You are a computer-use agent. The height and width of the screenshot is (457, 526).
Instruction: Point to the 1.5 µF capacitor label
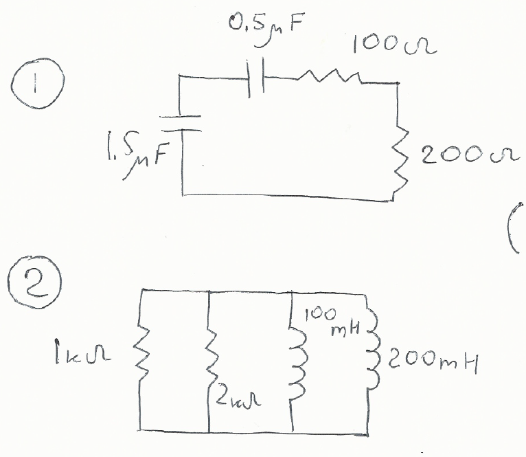point(141,155)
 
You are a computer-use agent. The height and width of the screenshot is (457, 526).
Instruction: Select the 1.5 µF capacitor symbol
point(181,122)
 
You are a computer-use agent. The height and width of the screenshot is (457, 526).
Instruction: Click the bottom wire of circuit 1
point(288,198)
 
